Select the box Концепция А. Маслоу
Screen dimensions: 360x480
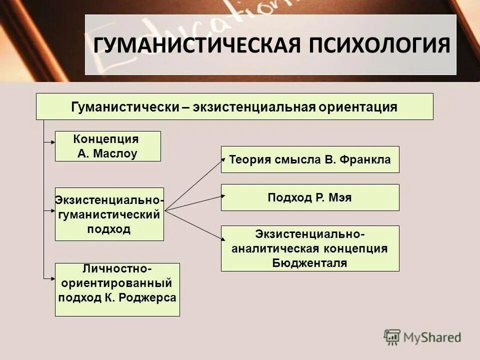coord(107,146)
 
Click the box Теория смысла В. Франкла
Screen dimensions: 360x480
coord(310,159)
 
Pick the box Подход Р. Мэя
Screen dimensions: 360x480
coord(310,197)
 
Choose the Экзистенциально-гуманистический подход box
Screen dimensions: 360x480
coord(109,214)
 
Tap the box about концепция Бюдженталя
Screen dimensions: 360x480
coord(310,248)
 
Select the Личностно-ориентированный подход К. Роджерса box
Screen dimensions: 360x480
coord(117,289)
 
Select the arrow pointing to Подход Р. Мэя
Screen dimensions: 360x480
coord(195,203)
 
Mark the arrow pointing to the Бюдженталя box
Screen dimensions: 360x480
coord(195,226)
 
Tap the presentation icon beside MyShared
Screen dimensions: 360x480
coord(392,337)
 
